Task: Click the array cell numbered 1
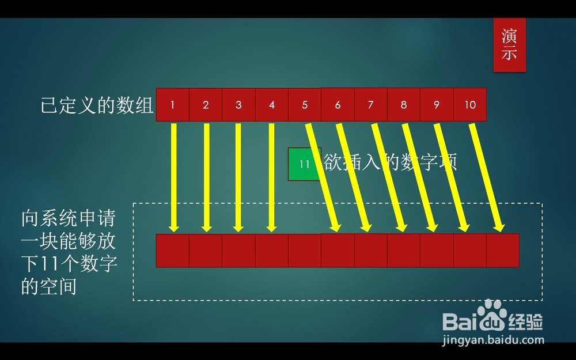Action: [173, 105]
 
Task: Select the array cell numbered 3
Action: [239, 105]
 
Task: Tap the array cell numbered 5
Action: [305, 105]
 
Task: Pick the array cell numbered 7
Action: [371, 105]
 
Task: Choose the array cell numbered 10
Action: [470, 105]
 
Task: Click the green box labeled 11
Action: [305, 164]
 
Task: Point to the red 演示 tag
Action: [509, 45]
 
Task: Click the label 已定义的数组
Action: [97, 106]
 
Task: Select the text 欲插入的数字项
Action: [391, 162]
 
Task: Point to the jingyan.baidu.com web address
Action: [493, 340]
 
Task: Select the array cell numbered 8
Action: [404, 105]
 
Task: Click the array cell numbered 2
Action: [206, 105]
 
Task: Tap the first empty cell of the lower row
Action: [173, 251]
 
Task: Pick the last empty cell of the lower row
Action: [503, 251]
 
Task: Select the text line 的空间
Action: [49, 286]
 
